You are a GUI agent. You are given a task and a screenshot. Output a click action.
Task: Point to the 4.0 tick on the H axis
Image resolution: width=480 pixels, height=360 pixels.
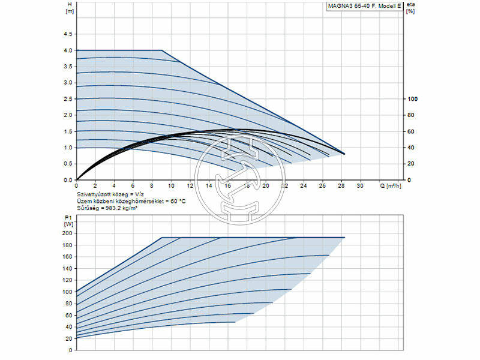click(68, 50)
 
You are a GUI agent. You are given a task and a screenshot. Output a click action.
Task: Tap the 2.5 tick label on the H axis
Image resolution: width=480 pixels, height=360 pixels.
click(68, 99)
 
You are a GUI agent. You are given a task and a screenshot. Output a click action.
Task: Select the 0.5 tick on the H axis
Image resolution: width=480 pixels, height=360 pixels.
click(68, 164)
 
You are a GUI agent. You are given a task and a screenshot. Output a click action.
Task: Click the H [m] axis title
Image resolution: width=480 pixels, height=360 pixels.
click(70, 8)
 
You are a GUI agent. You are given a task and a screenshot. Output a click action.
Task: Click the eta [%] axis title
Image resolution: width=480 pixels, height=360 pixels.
click(410, 8)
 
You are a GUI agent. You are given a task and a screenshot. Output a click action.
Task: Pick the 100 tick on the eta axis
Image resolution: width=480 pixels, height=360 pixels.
click(412, 99)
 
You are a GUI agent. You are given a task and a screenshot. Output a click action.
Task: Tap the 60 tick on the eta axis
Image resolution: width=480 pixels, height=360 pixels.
click(410, 131)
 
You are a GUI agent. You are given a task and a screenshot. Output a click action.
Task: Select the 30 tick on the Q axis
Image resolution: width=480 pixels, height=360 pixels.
click(360, 186)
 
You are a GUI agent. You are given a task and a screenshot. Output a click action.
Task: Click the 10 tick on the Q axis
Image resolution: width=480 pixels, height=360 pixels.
click(171, 186)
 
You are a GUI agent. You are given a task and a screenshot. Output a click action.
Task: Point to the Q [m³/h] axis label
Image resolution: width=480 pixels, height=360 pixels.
click(394, 186)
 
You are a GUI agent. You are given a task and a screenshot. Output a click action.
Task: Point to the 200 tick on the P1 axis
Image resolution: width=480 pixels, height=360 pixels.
click(67, 233)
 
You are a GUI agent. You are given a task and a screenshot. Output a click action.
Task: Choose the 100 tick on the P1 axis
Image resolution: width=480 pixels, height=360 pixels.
click(67, 292)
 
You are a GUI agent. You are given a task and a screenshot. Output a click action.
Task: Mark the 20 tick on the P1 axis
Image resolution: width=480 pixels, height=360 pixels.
click(68, 338)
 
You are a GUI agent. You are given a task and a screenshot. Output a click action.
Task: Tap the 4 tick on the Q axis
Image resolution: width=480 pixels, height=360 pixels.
click(114, 186)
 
